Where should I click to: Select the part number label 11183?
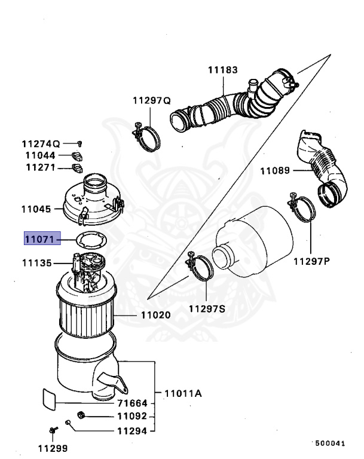[222, 70]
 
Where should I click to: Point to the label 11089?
[274, 171]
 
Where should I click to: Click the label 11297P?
[311, 261]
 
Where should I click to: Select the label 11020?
[155, 314]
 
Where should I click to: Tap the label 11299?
[53, 448]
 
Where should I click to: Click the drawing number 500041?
[329, 443]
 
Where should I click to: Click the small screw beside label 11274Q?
[79, 143]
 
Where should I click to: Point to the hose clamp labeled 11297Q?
[146, 137]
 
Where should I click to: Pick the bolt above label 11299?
[53, 430]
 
